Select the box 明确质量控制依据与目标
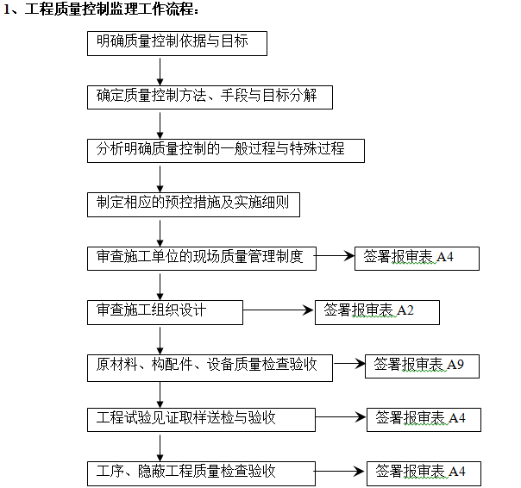177,43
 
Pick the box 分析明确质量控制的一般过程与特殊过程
225,150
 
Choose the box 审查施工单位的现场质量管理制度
201,258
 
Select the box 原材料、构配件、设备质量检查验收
210,366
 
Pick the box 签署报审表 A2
377,311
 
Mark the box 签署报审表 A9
421,366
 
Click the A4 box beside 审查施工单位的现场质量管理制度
417,258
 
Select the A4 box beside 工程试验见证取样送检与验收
423,420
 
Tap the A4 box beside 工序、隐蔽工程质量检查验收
423,472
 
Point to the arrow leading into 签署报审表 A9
348,366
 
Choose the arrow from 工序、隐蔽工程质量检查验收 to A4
338,472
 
